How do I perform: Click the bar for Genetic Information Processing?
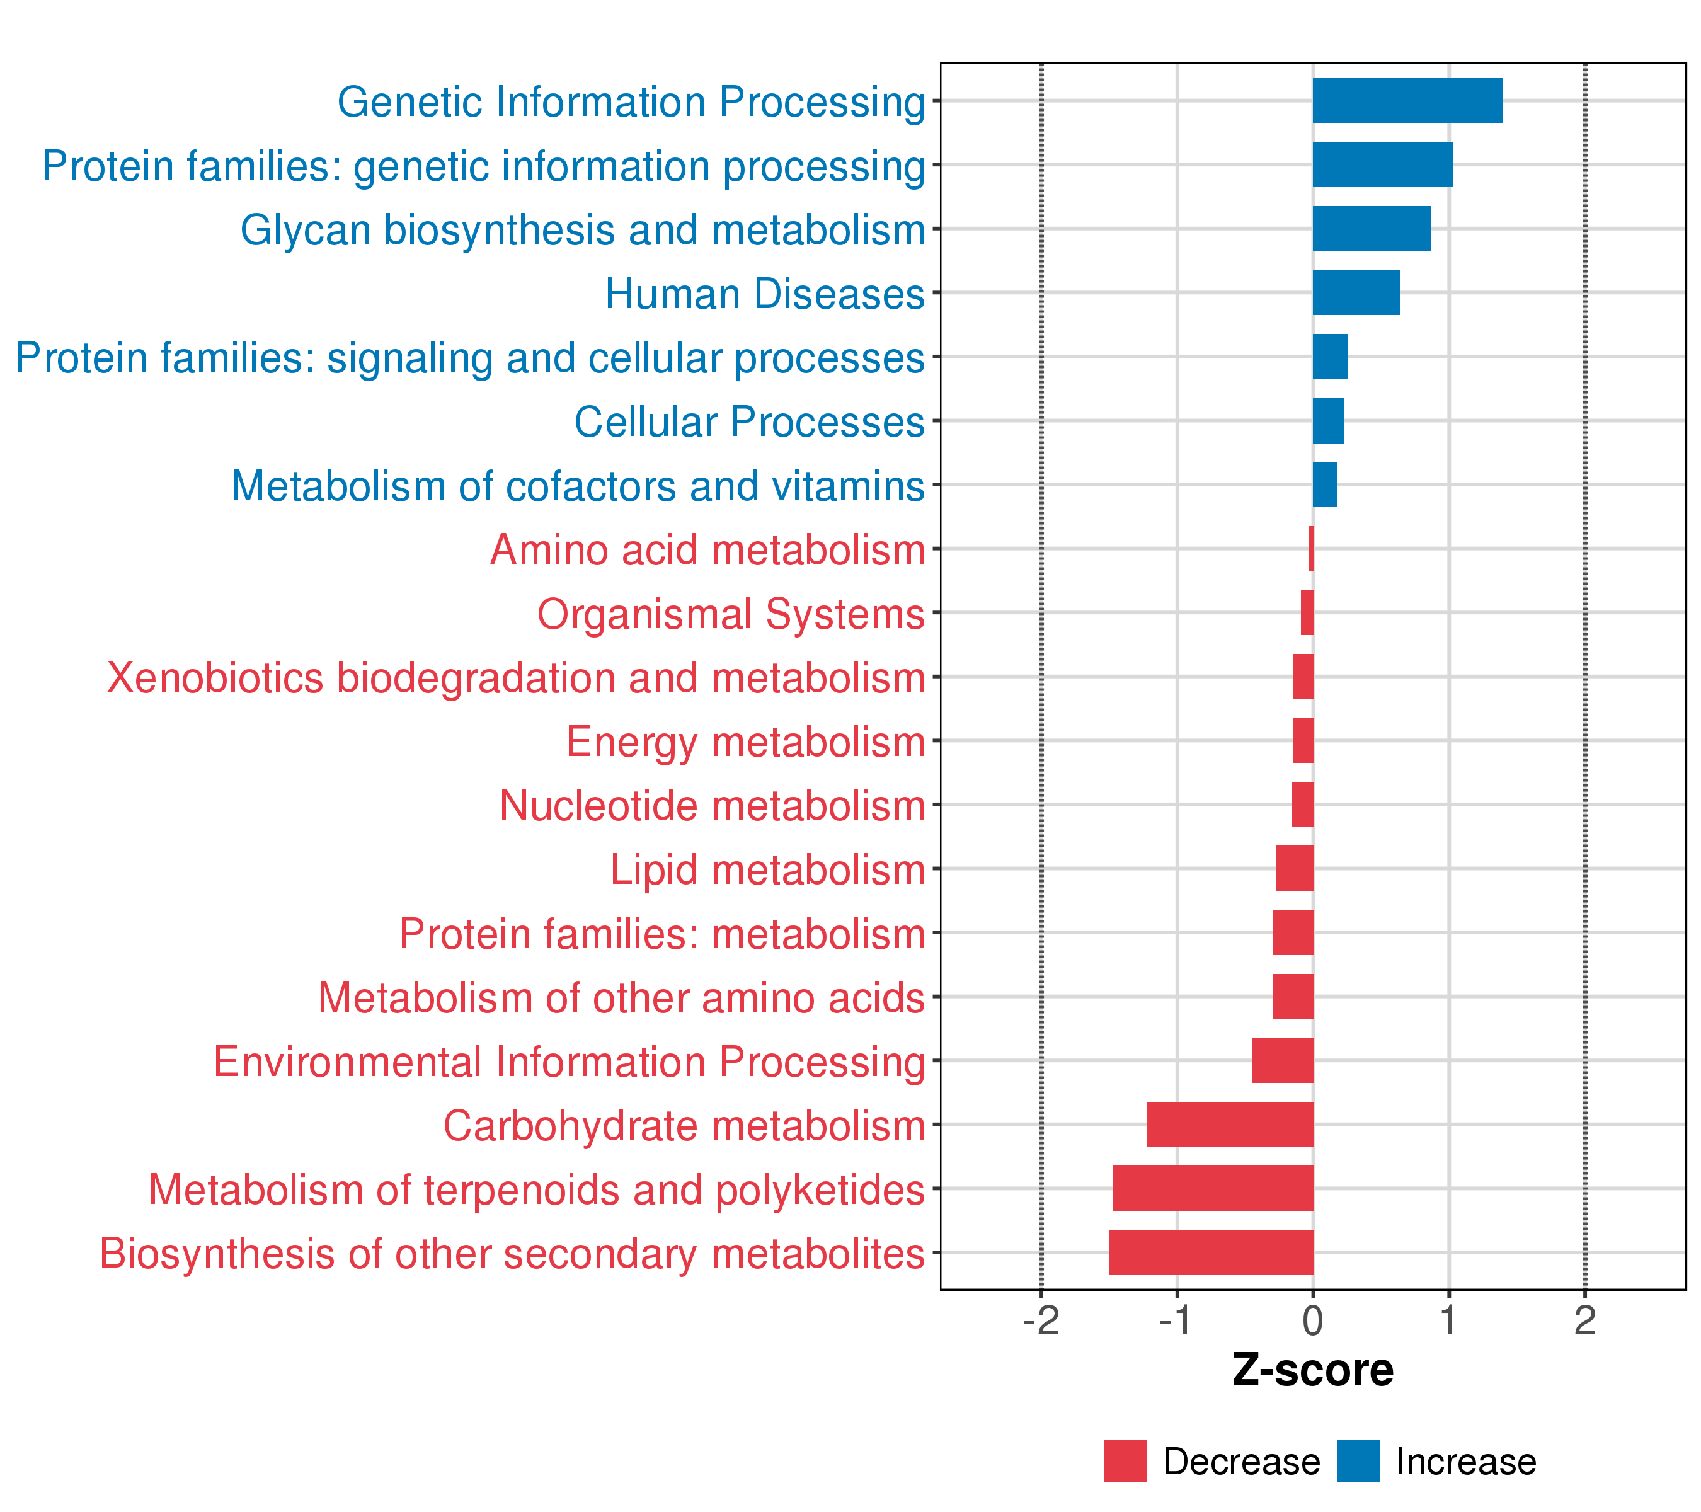click(x=1407, y=101)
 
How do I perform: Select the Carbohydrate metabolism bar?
click(x=1230, y=1124)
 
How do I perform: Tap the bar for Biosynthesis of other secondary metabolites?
click(x=1211, y=1252)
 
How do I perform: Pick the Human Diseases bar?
click(x=1356, y=293)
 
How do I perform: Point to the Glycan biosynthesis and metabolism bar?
click(x=1372, y=229)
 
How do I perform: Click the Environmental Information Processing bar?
click(x=1283, y=1060)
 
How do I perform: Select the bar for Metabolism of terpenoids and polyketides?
click(x=1213, y=1188)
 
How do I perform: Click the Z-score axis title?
click(x=1313, y=1370)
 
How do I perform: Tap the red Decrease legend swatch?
click(x=1125, y=1461)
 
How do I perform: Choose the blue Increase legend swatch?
click(x=1358, y=1461)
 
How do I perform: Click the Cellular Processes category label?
click(x=750, y=422)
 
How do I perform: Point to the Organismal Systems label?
click(x=731, y=615)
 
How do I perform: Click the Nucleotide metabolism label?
click(x=713, y=806)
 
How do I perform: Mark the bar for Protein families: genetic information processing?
click(x=1383, y=165)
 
